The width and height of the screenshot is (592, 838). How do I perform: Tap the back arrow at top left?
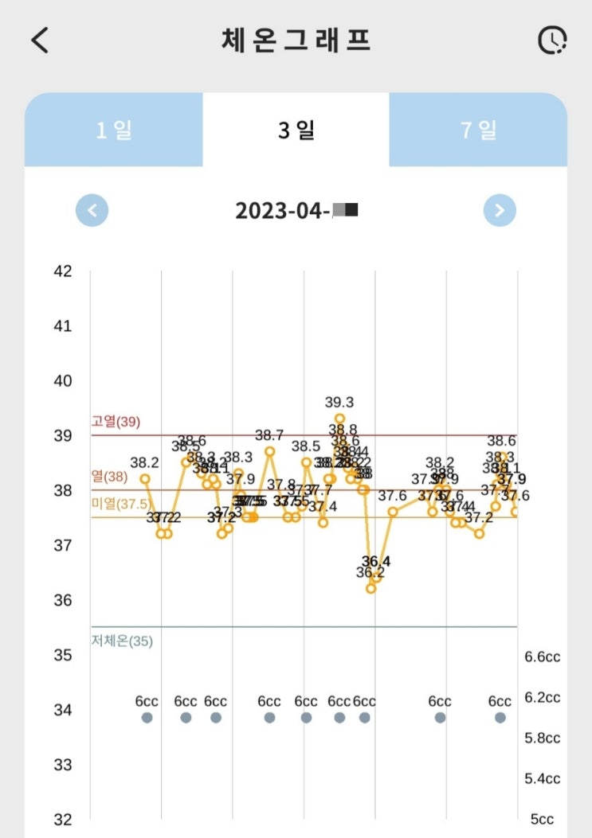click(x=40, y=41)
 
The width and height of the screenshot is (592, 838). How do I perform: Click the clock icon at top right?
click(x=551, y=41)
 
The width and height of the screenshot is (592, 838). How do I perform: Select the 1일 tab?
click(x=114, y=131)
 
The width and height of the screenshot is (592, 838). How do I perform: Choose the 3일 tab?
click(x=296, y=131)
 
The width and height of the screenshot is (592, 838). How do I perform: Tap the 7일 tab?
click(x=478, y=131)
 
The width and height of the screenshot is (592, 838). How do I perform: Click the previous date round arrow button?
click(x=92, y=211)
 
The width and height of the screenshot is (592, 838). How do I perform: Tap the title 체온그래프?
click(x=296, y=41)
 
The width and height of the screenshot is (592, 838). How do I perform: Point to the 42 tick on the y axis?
click(x=62, y=271)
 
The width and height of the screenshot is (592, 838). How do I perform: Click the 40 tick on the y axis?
click(x=62, y=381)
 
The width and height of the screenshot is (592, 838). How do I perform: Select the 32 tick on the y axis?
click(x=62, y=819)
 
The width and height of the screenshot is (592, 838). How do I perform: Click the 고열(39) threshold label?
click(x=116, y=422)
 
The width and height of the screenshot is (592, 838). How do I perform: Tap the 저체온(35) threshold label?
click(x=122, y=641)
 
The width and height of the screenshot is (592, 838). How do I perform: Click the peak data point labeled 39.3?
click(x=339, y=418)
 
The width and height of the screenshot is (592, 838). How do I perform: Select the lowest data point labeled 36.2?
click(x=370, y=588)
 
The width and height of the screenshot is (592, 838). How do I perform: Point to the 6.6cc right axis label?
click(x=542, y=657)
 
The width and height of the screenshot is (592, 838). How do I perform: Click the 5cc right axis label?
click(x=542, y=819)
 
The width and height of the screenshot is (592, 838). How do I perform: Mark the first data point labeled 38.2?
click(x=145, y=478)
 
